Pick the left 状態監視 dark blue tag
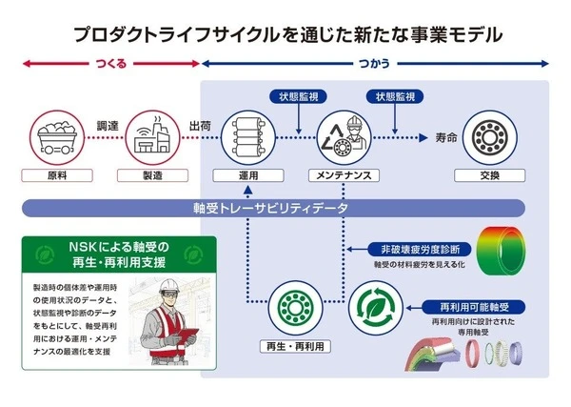[x=299, y=97]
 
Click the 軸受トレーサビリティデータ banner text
[x=271, y=208]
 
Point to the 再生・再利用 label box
[x=296, y=345]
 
